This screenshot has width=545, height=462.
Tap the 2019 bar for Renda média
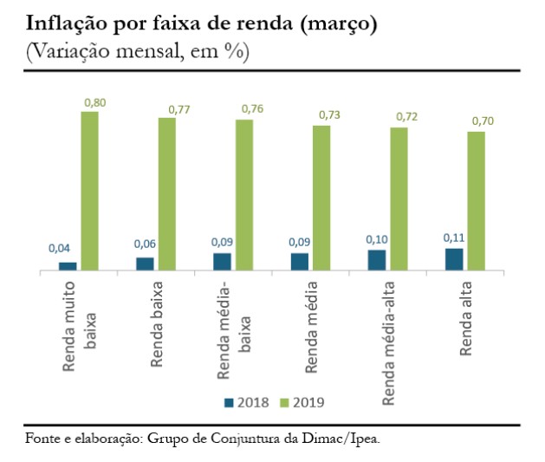[x=321, y=198]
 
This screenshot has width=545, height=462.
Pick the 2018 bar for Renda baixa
[x=145, y=264]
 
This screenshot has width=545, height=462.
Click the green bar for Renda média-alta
[x=399, y=199]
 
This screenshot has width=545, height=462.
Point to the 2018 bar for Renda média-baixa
[x=222, y=262]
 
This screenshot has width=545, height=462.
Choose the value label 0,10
[x=375, y=238]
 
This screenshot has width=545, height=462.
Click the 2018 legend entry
[x=247, y=402]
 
